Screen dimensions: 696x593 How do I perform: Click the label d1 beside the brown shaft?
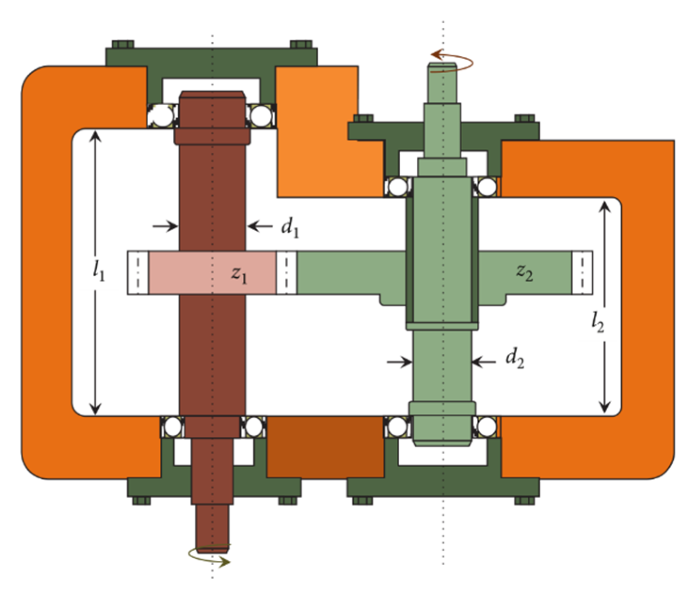click(290, 229)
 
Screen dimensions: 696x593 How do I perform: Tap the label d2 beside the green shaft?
click(515, 360)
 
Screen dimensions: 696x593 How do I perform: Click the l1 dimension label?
click(99, 271)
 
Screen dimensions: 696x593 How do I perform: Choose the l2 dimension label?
click(598, 323)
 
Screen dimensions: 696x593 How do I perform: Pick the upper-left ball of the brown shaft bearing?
click(163, 116)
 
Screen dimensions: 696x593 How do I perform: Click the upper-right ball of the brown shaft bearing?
click(261, 116)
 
